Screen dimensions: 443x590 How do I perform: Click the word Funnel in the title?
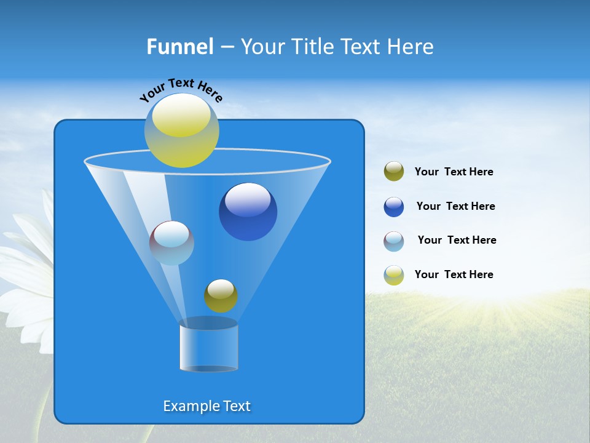(x=180, y=47)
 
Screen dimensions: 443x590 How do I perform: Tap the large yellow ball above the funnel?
(x=181, y=130)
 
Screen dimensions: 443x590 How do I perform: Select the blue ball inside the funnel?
(x=248, y=212)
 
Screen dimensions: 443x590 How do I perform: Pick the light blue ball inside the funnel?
(x=171, y=243)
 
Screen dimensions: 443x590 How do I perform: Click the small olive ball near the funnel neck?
(x=221, y=296)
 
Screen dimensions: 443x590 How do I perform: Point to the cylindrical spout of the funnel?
(x=208, y=348)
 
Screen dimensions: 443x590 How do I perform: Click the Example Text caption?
(x=207, y=406)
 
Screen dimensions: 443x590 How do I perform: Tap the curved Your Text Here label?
(x=181, y=89)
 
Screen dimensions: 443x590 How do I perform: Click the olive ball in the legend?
(x=394, y=172)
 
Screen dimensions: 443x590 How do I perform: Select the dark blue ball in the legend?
(x=394, y=207)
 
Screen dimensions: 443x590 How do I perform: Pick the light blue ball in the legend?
(x=394, y=241)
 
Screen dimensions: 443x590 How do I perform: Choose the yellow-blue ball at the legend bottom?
(x=394, y=275)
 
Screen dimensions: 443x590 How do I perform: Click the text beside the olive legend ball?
(x=454, y=172)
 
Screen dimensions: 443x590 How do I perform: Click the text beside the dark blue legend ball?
(x=455, y=206)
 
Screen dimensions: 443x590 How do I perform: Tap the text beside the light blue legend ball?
(x=457, y=240)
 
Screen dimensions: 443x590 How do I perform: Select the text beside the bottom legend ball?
(x=454, y=274)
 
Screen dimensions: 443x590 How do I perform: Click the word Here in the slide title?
(x=411, y=47)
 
